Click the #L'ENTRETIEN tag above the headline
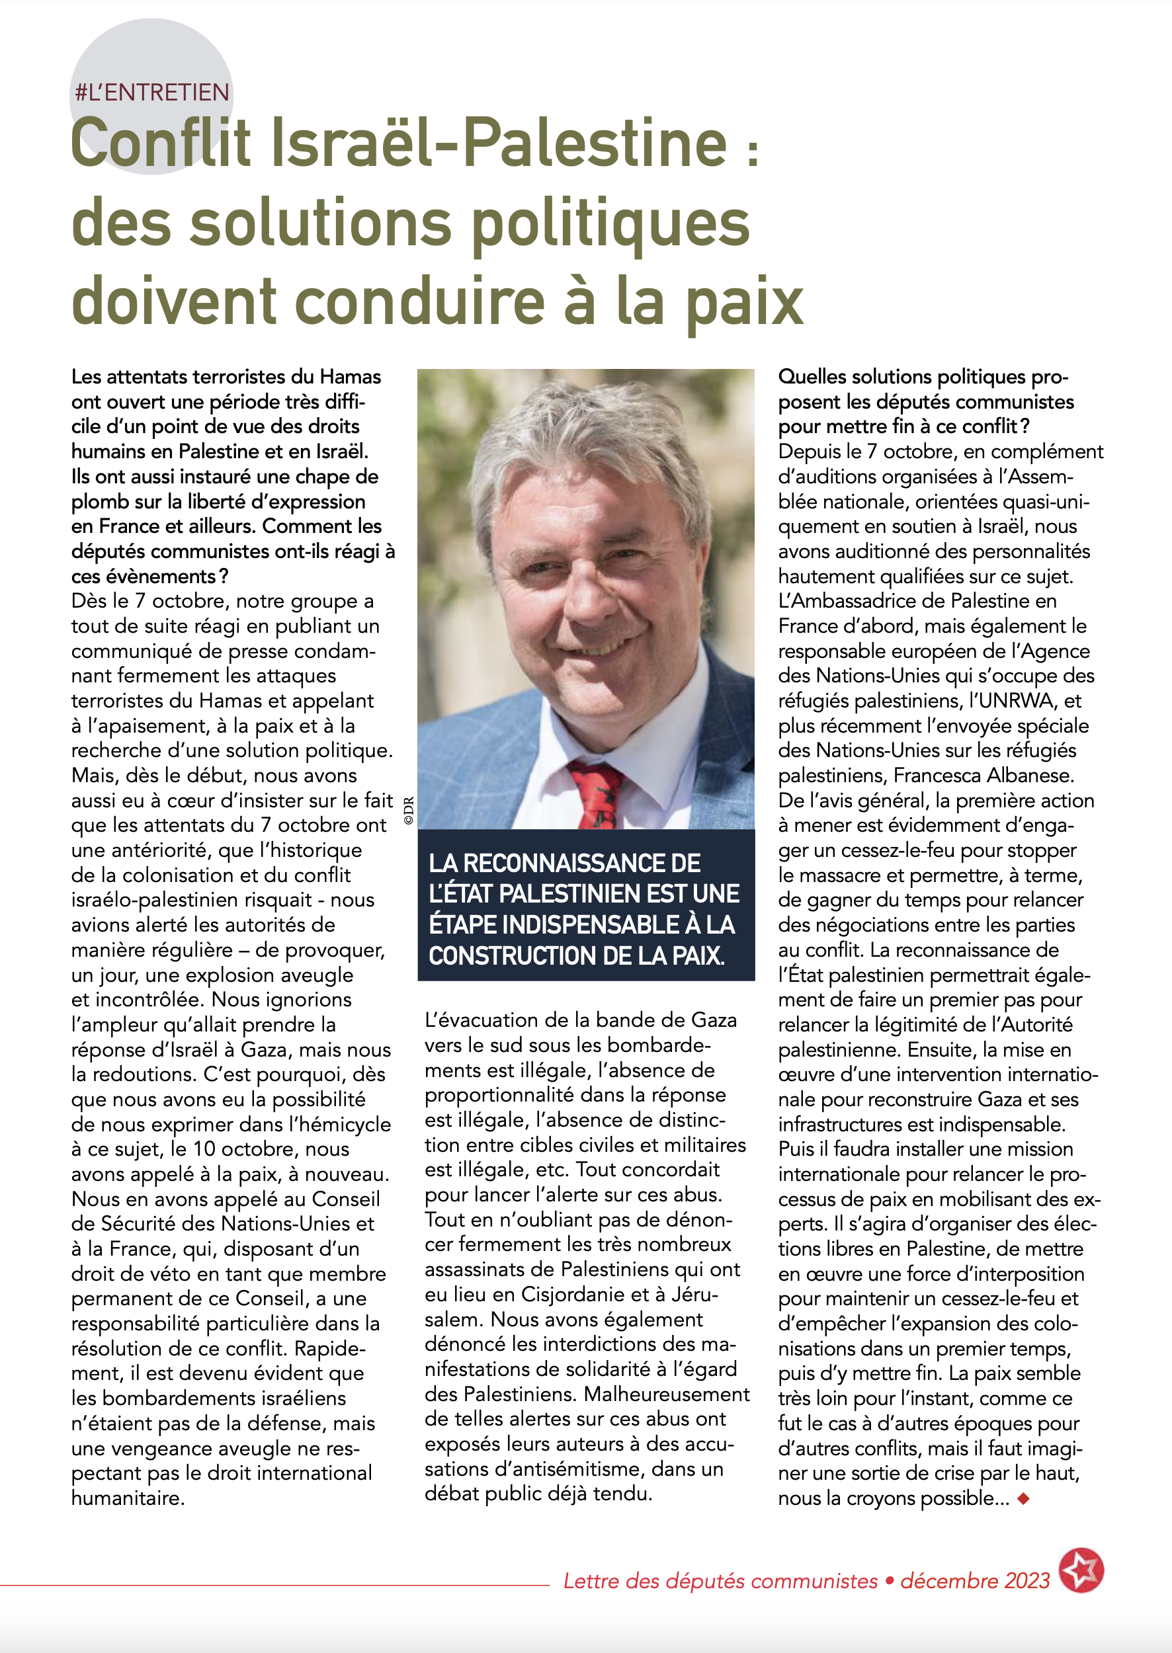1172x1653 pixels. (152, 93)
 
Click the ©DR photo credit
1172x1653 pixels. (409, 809)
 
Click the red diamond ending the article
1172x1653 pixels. (1023, 1498)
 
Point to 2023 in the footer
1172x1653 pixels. (1027, 1581)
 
